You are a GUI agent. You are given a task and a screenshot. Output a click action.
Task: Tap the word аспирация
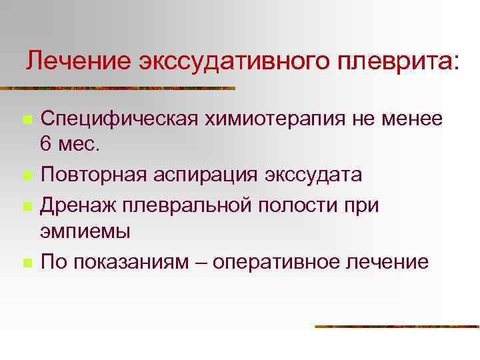click(x=207, y=175)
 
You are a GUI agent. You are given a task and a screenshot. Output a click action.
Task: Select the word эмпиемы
click(x=86, y=231)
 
